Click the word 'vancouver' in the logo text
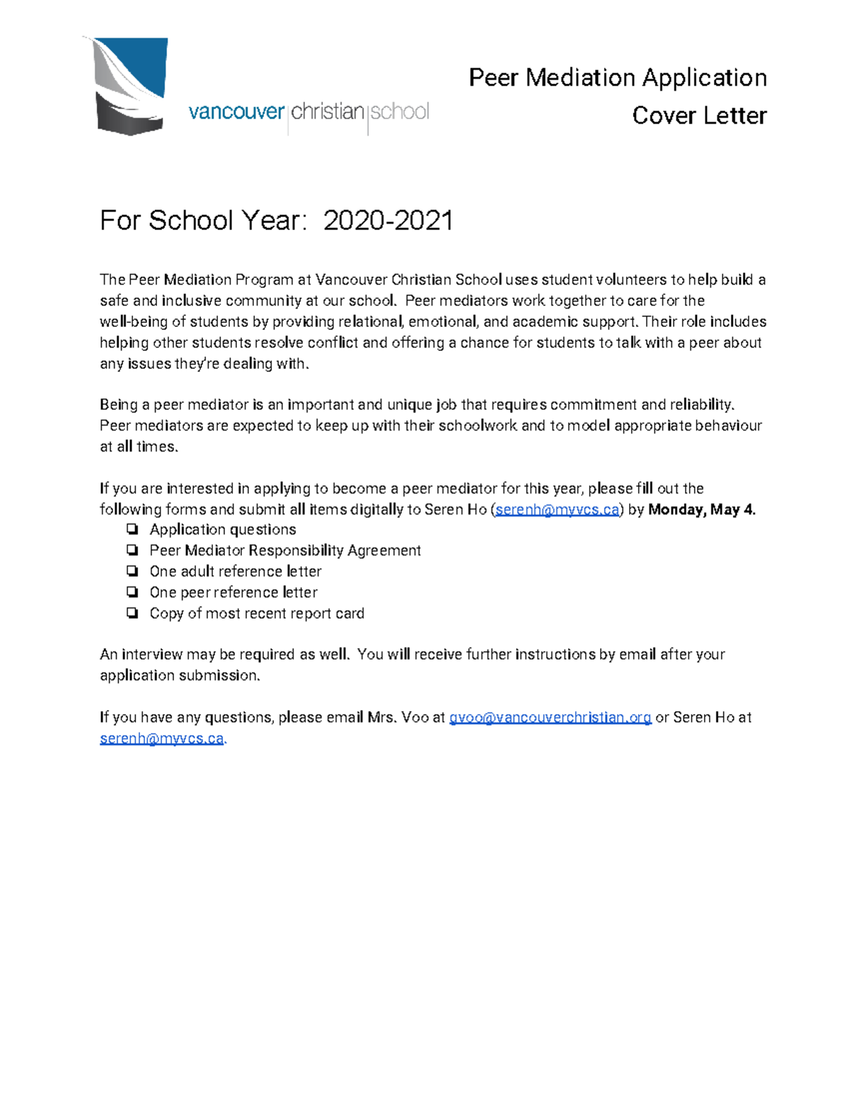click(x=236, y=112)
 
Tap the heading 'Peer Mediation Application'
click(x=617, y=77)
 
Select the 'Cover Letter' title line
click(x=698, y=115)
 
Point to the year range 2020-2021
click(x=388, y=221)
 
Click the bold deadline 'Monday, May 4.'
click(x=701, y=510)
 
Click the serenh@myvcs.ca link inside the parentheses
click(x=557, y=510)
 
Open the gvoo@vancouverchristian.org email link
click(x=550, y=718)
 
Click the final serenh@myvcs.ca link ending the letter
click(x=161, y=739)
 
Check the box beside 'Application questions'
click(x=132, y=529)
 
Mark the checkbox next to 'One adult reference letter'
click(x=132, y=571)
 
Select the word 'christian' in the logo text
click(x=328, y=112)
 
